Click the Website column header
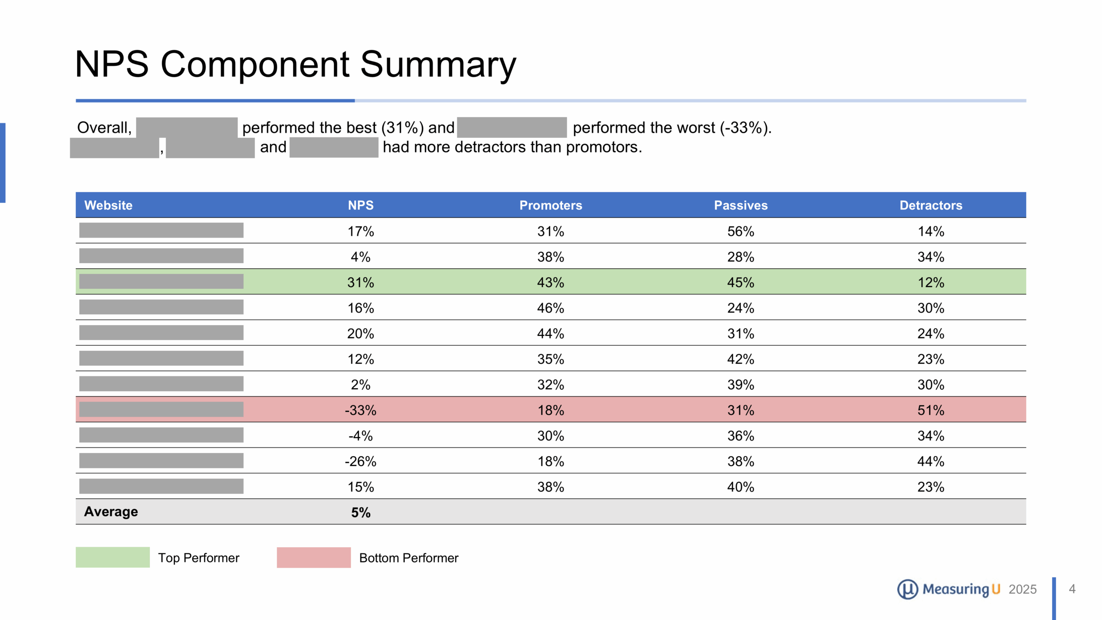[108, 205]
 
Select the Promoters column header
[550, 205]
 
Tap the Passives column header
[740, 205]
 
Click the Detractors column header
[930, 205]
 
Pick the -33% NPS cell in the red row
[360, 410]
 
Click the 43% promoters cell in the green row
[550, 282]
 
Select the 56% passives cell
[740, 231]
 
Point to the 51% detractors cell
[930, 410]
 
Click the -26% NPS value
[360, 461]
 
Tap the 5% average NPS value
[360, 512]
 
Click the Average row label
[111, 512]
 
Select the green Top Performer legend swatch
[112, 557]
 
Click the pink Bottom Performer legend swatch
[313, 557]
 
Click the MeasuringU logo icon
[907, 589]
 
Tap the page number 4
[1072, 589]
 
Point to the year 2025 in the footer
[1022, 589]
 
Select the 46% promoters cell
[550, 308]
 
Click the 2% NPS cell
[360, 384]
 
